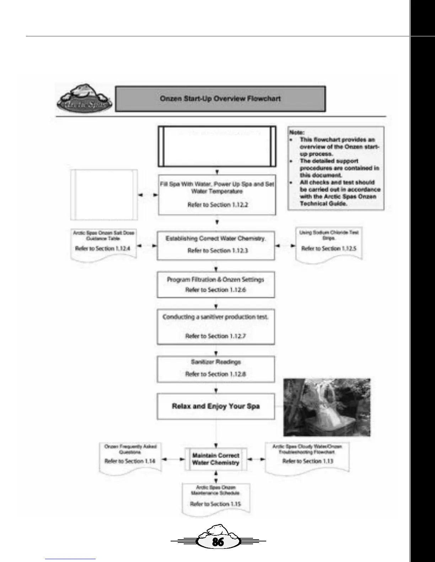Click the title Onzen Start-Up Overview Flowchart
coord(220,99)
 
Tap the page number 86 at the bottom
coord(218,541)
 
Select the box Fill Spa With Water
coord(217,194)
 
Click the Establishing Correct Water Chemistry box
coord(216,244)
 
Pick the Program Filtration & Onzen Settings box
coord(216,285)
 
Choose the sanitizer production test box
coord(216,326)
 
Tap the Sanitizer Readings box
coord(216,368)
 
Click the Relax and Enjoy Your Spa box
coord(216,406)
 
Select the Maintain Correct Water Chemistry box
coord(216,459)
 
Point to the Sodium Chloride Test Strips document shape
coord(329,245)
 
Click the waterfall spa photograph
coord(327,407)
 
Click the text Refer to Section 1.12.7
coord(216,336)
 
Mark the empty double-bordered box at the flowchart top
coord(217,146)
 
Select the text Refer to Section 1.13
coord(308,461)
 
